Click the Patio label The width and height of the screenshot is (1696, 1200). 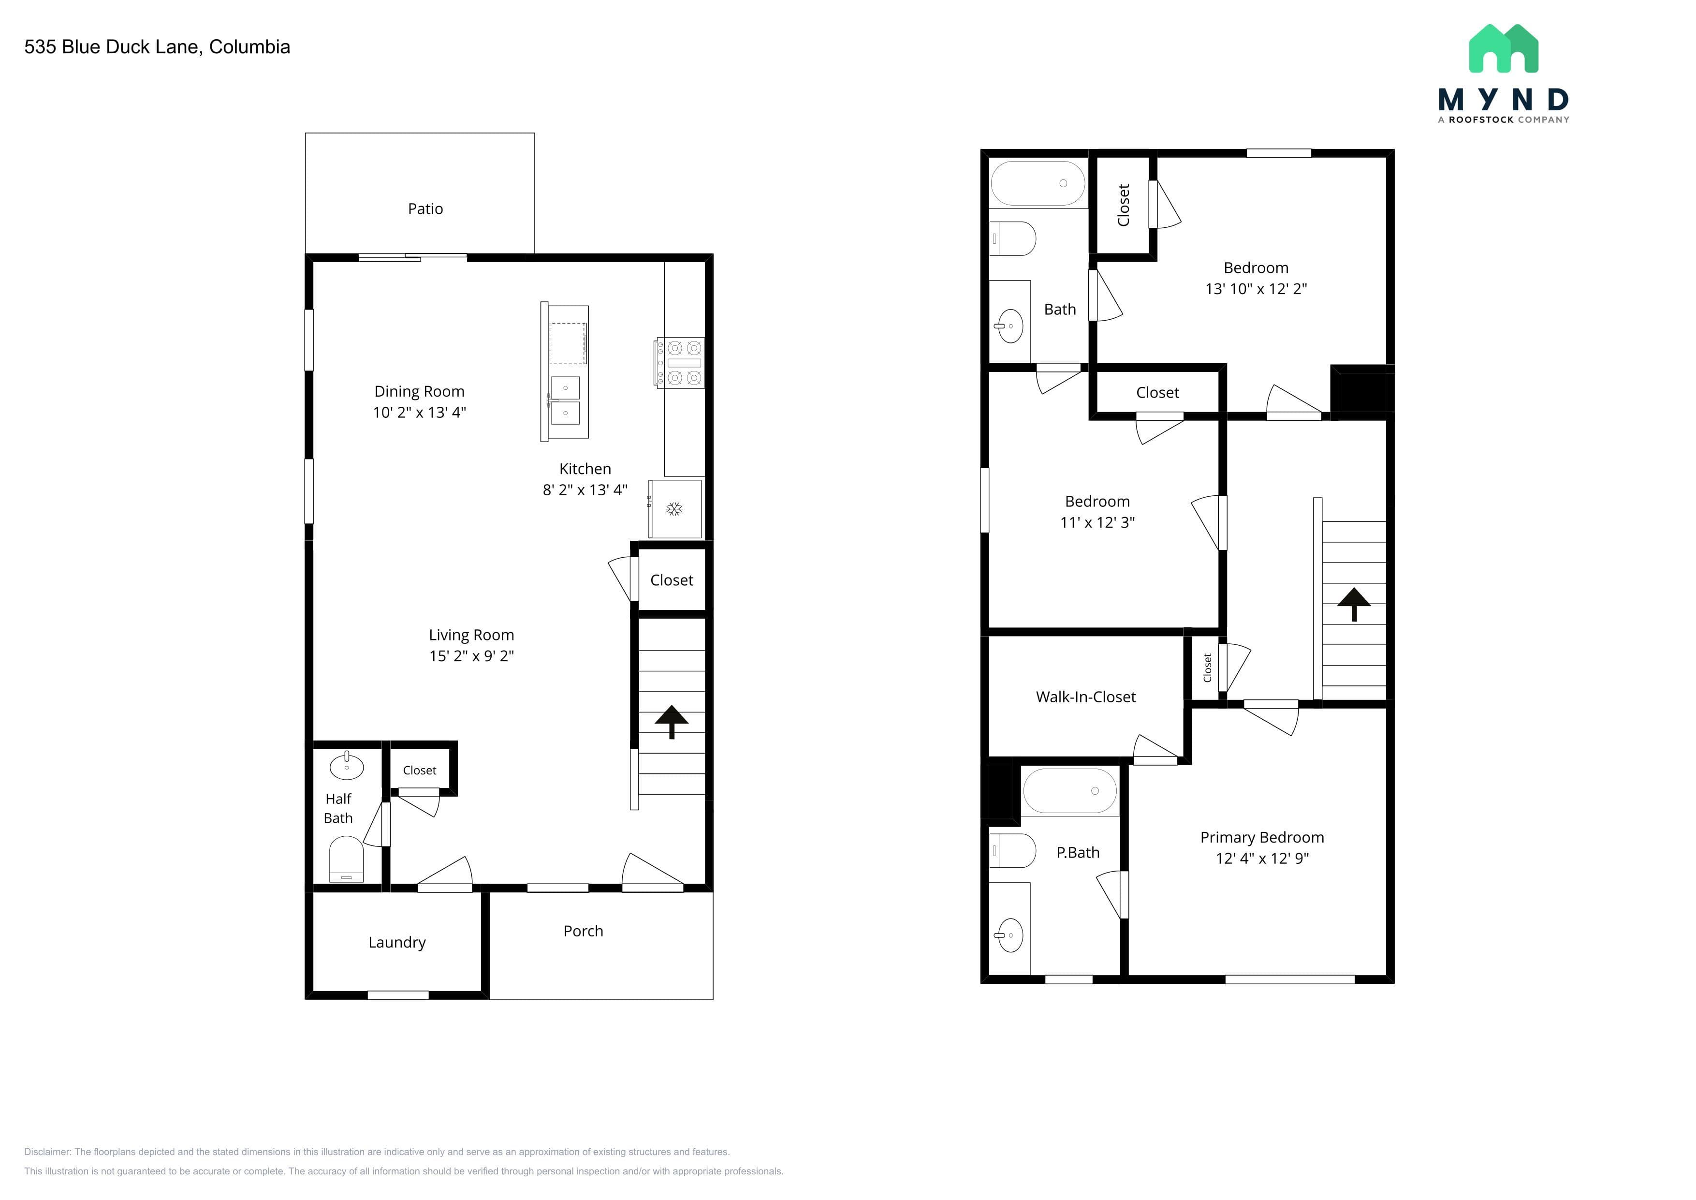click(425, 209)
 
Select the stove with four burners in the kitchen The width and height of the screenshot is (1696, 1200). click(680, 363)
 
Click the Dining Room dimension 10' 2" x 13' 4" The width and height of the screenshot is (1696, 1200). click(420, 412)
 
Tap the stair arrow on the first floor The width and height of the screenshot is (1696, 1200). click(672, 721)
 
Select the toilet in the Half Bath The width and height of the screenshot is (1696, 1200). click(346, 859)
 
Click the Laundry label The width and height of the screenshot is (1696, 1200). click(397, 942)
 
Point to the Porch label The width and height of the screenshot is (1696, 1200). click(584, 931)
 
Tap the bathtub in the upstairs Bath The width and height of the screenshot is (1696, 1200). click(1038, 183)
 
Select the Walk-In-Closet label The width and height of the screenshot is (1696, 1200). click(1086, 697)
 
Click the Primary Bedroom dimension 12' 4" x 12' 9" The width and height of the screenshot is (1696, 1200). click(1262, 858)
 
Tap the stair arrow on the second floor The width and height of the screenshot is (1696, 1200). click(1354, 605)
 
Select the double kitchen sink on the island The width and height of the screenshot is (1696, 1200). click(565, 400)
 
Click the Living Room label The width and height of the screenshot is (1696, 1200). click(471, 635)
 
